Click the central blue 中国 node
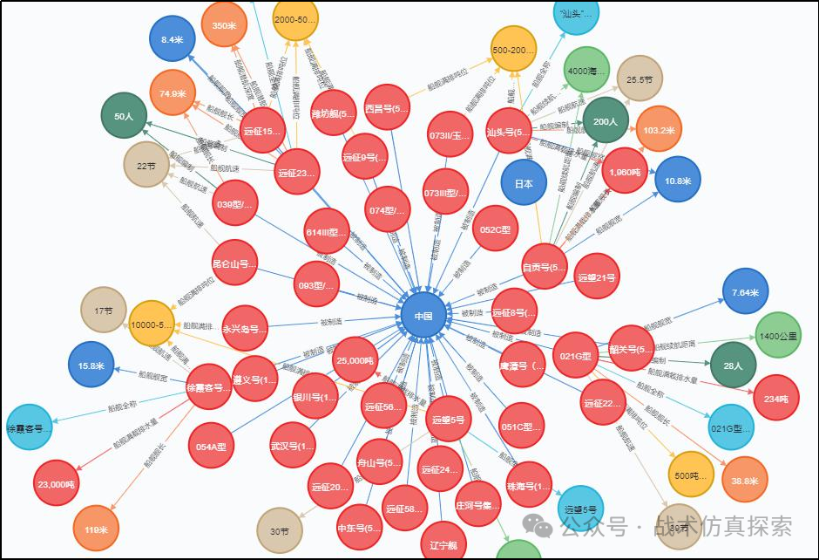423,315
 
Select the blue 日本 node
524,184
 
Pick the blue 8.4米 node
172,39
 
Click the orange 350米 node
224,25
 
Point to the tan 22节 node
146,164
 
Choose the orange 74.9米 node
173,93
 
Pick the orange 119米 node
95,529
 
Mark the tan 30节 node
280,530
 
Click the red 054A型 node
211,447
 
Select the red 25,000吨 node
355,360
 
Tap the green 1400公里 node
777,335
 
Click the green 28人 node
733,365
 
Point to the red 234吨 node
776,398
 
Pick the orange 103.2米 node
659,129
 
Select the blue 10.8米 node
677,180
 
